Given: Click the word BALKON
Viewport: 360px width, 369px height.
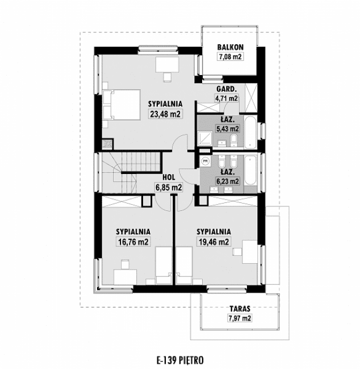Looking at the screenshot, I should tap(230, 47).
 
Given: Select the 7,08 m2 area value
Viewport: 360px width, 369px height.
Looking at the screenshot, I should tap(230, 56).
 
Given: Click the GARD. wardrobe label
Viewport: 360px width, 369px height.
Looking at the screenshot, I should tap(226, 89).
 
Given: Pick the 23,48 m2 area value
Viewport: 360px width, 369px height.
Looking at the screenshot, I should tap(165, 113).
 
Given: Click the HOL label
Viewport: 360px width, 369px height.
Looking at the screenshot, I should tap(168, 177).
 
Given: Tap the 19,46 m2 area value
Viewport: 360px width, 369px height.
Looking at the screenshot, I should tap(213, 241).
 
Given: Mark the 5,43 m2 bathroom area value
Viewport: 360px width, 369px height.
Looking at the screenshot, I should tap(230, 128).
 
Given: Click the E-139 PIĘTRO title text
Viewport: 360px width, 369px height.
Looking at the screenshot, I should tap(179, 359).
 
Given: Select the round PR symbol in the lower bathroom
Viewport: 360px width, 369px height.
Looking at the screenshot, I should tap(205, 161).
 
